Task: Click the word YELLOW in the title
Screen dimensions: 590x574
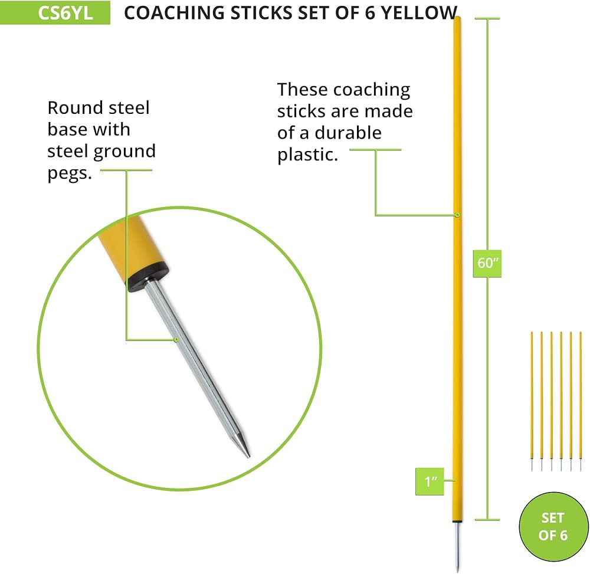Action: click(419, 13)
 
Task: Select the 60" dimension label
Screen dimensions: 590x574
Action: click(487, 263)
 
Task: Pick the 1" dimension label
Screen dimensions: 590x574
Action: click(430, 481)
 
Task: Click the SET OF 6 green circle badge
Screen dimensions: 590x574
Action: click(553, 527)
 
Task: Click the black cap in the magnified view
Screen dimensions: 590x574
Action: click(147, 277)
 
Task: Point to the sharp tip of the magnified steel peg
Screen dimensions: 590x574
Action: click(249, 457)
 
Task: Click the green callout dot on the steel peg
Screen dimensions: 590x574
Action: click(176, 340)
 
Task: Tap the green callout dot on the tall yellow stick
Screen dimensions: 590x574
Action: click(457, 215)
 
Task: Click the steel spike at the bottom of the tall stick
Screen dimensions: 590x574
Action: click(457, 546)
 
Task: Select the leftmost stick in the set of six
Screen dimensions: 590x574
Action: click(532, 401)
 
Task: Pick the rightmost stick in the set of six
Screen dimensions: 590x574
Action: click(581, 401)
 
